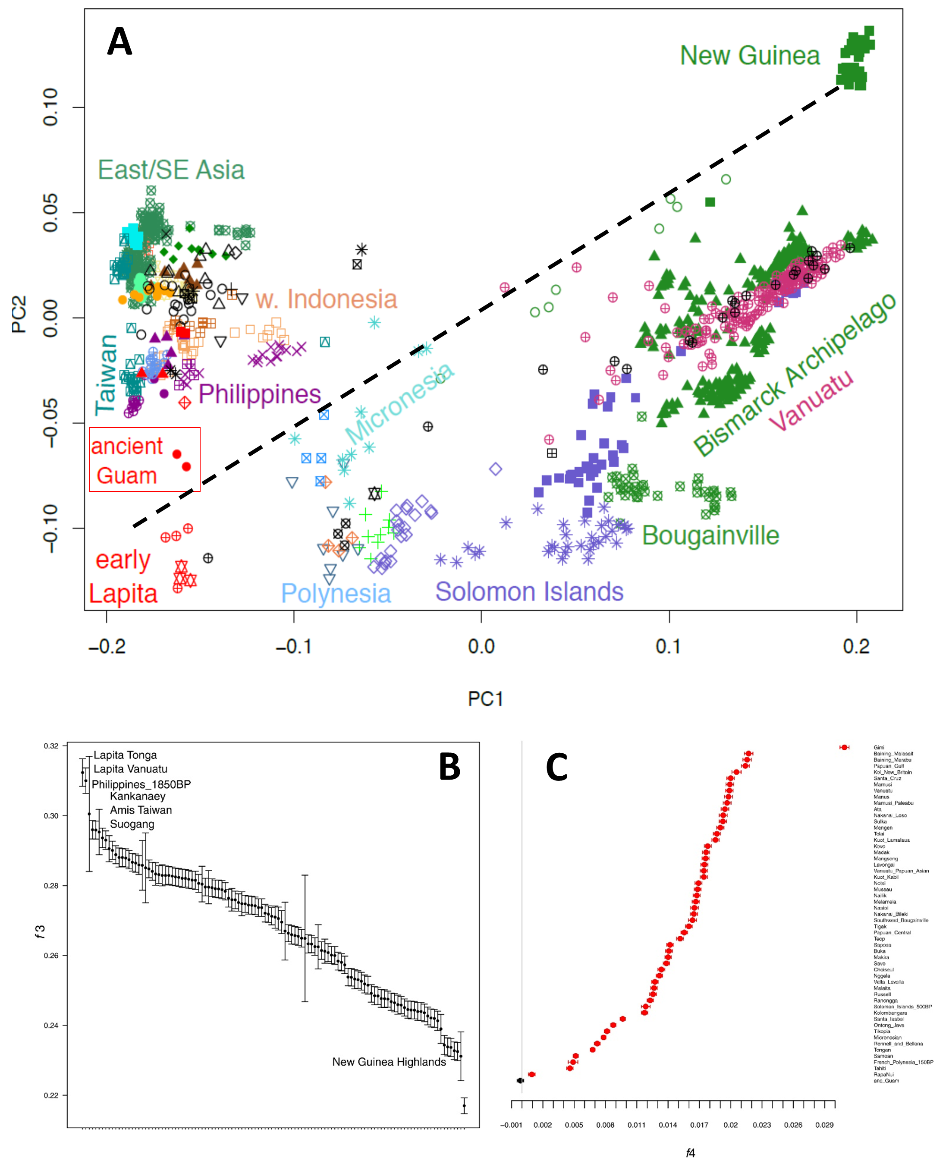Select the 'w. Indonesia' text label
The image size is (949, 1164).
pos(327,299)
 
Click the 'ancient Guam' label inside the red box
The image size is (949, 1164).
pos(127,460)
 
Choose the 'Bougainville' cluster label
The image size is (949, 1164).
pos(710,535)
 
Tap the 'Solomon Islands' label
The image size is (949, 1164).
pos(529,591)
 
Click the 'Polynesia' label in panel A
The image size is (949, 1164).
pos(336,593)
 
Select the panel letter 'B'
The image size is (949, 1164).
pos(449,767)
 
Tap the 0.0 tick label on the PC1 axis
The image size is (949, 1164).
pos(481,646)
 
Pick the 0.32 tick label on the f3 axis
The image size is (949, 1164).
pos(51,746)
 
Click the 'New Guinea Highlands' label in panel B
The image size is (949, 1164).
pos(389,1062)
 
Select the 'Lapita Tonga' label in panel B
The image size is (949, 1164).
pos(125,755)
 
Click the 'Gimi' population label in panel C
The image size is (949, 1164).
pos(879,747)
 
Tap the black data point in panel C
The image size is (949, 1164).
pos(520,1080)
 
